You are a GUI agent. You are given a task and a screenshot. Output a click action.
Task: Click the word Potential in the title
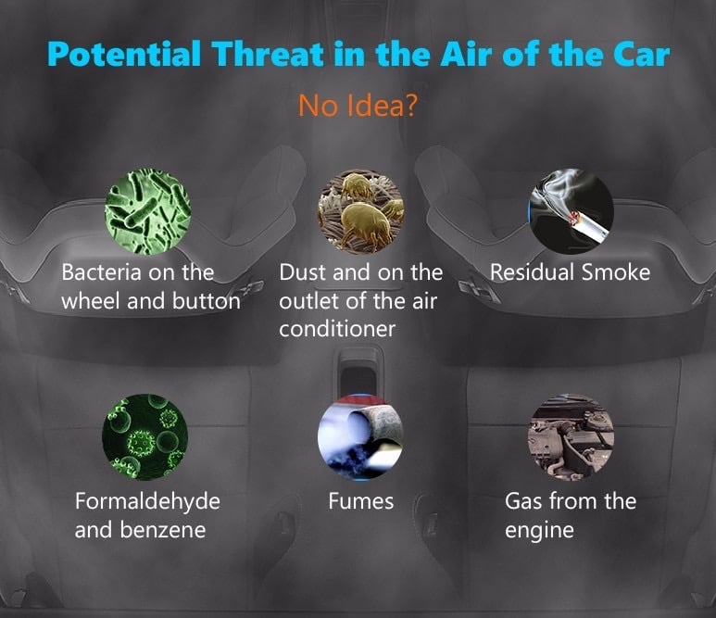[x=124, y=54]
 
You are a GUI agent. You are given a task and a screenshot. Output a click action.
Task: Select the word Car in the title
[x=641, y=55]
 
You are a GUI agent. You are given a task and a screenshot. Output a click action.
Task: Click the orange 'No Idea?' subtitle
[x=358, y=105]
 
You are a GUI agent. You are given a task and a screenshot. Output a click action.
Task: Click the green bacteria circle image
[x=147, y=212]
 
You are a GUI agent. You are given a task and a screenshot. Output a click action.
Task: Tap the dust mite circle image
[x=360, y=212]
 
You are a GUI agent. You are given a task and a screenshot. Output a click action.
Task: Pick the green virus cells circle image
[x=145, y=437]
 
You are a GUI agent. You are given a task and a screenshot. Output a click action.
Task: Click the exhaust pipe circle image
[x=360, y=437]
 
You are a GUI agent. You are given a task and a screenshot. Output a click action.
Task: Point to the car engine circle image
[x=571, y=437]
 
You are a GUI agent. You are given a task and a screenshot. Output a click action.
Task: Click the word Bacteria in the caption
[x=101, y=272]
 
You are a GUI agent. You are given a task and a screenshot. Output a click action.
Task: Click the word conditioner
[x=337, y=329]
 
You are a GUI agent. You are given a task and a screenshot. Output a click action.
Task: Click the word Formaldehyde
[x=147, y=501]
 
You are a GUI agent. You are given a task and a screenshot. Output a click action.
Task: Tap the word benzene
[x=163, y=530]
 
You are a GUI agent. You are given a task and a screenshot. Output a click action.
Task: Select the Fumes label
[x=360, y=501]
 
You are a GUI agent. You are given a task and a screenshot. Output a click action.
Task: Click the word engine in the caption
[x=539, y=531]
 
